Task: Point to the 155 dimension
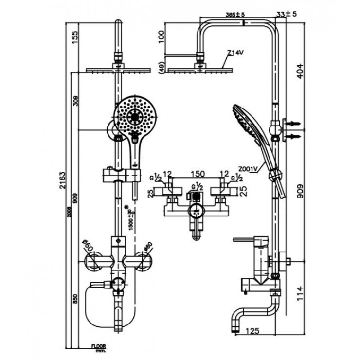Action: click(x=74, y=36)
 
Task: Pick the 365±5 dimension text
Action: click(x=235, y=15)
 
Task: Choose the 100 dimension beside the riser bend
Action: click(x=162, y=36)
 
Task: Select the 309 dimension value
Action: click(x=75, y=101)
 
